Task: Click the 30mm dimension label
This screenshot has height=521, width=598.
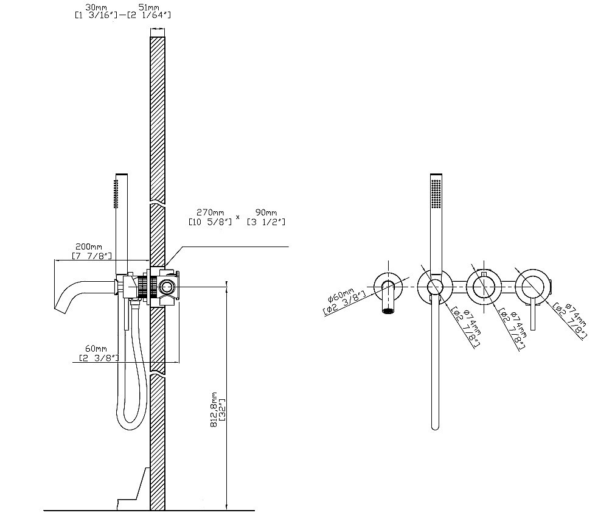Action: (96, 7)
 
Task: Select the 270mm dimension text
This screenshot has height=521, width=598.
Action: (210, 212)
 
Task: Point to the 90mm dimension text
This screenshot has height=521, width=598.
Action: (266, 212)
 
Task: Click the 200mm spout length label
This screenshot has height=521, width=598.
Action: (88, 247)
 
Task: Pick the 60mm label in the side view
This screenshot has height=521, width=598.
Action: (96, 349)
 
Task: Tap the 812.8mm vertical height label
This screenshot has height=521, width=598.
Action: (214, 409)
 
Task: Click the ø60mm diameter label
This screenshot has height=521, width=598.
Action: (341, 295)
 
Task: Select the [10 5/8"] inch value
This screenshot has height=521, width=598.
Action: (210, 222)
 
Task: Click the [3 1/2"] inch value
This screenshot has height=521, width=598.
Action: (266, 222)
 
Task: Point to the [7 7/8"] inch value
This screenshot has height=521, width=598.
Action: (92, 256)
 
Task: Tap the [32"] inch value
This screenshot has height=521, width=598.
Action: (222, 410)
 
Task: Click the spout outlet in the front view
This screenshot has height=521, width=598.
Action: (388, 310)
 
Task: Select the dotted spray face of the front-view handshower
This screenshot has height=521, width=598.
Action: (436, 194)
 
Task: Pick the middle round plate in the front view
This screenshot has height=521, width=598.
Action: (484, 286)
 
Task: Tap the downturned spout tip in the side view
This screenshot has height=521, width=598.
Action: (61, 309)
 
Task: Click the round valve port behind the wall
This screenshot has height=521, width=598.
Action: (166, 287)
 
